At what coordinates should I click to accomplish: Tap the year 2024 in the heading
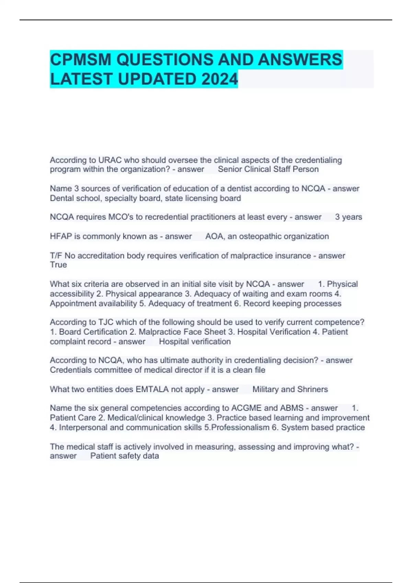click(219, 79)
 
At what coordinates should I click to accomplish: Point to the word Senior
click(230, 169)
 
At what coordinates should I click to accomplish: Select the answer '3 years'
click(348, 217)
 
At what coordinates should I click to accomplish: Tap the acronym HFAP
click(61, 236)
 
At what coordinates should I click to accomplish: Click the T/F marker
click(56, 256)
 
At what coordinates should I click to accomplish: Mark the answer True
click(58, 265)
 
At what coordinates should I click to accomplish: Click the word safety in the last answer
click(127, 456)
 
